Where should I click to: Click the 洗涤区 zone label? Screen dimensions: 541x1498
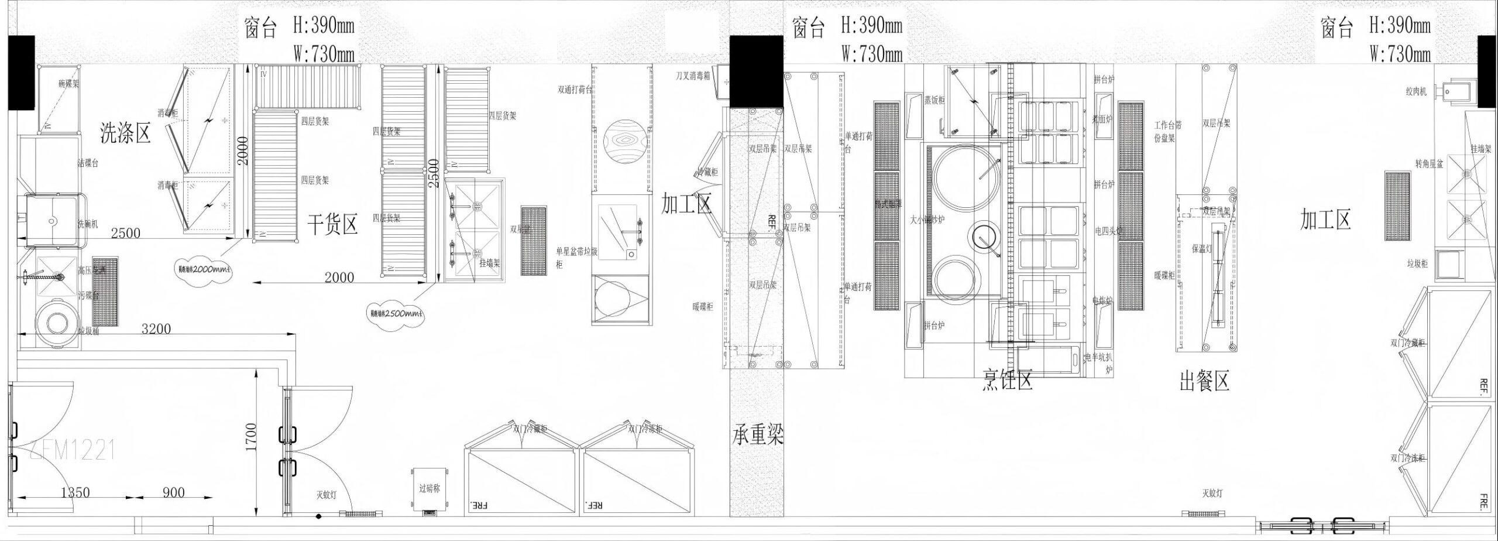[126, 133]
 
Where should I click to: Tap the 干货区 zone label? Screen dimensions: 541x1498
[332, 224]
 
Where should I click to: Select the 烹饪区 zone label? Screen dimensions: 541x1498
[1007, 380]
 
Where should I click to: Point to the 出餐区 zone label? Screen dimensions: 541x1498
[1204, 381]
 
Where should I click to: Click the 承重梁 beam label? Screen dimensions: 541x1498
[758, 435]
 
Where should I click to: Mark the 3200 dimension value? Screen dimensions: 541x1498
[156, 329]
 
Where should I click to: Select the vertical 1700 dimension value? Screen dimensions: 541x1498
[251, 437]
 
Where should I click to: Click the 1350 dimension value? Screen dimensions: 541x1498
[75, 492]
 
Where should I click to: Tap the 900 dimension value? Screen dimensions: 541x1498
[173, 492]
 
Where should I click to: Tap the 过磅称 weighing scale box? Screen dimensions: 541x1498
[430, 488]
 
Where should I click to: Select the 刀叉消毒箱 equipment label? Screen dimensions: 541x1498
[692, 76]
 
